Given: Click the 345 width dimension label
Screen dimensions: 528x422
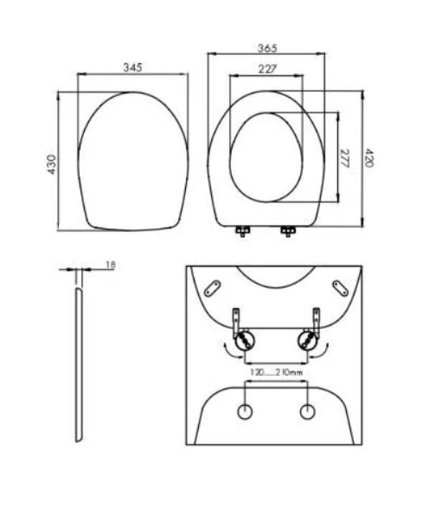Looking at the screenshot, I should (132, 67).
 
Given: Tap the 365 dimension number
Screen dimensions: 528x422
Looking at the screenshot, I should (267, 48).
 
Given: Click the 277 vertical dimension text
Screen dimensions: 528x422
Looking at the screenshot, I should (344, 158).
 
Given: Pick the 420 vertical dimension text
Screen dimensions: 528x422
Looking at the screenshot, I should (369, 158).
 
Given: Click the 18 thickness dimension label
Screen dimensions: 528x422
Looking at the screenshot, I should (111, 265).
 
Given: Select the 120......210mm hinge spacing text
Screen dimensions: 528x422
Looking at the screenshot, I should (276, 374).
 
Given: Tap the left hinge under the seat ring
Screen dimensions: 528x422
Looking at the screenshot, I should (243, 231).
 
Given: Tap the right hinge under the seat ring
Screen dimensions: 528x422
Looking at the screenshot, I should (288, 231).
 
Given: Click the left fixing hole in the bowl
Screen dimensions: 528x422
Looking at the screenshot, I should (245, 413).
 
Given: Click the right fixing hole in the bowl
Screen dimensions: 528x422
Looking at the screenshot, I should (308, 413).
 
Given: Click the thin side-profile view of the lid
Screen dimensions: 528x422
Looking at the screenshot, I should (77, 363).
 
